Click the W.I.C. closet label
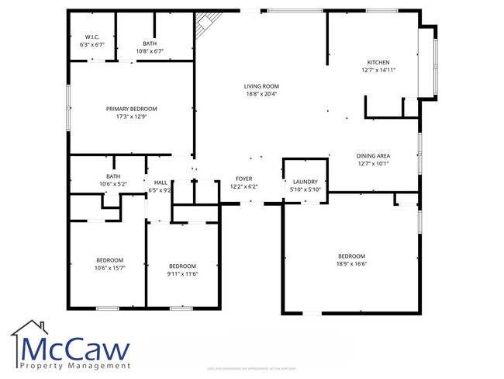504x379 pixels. [x=91, y=37]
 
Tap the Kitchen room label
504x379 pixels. [x=378, y=62]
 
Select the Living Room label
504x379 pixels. [x=261, y=86]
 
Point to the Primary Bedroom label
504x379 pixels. [x=131, y=109]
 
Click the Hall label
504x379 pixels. [x=161, y=182]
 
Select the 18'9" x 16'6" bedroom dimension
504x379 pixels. [x=350, y=264]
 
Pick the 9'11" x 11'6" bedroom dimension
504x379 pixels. [x=182, y=273]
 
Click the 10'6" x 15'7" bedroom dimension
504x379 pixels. [x=109, y=268]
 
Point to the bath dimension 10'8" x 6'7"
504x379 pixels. [x=150, y=51]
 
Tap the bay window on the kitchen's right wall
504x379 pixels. [x=426, y=62]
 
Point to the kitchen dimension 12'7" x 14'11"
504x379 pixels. [x=378, y=70]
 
